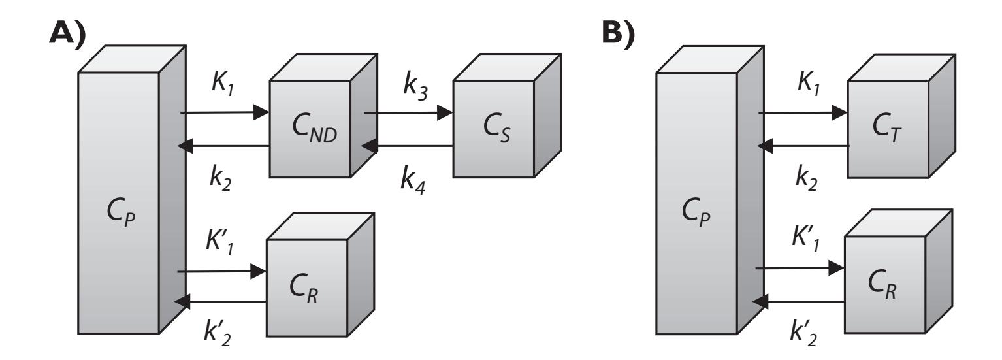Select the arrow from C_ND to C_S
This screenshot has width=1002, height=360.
click(408, 112)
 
